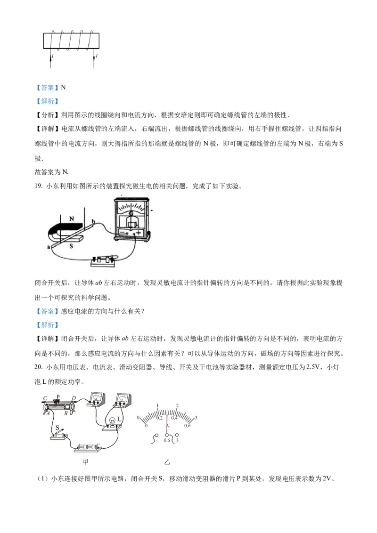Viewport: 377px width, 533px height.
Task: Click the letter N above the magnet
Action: point(72,219)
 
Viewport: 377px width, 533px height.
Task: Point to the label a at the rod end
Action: point(49,247)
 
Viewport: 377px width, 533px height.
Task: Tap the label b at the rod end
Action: point(93,221)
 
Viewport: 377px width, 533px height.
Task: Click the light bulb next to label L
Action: point(113,421)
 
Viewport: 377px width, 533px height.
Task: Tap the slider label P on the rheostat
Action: point(58,396)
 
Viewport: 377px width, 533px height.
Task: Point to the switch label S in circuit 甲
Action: point(57,428)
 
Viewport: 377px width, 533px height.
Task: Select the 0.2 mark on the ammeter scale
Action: point(159,418)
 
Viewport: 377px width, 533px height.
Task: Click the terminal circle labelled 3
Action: point(177,435)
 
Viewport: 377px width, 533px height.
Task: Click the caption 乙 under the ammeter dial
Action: point(167,462)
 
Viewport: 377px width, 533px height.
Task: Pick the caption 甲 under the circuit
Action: point(85,462)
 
